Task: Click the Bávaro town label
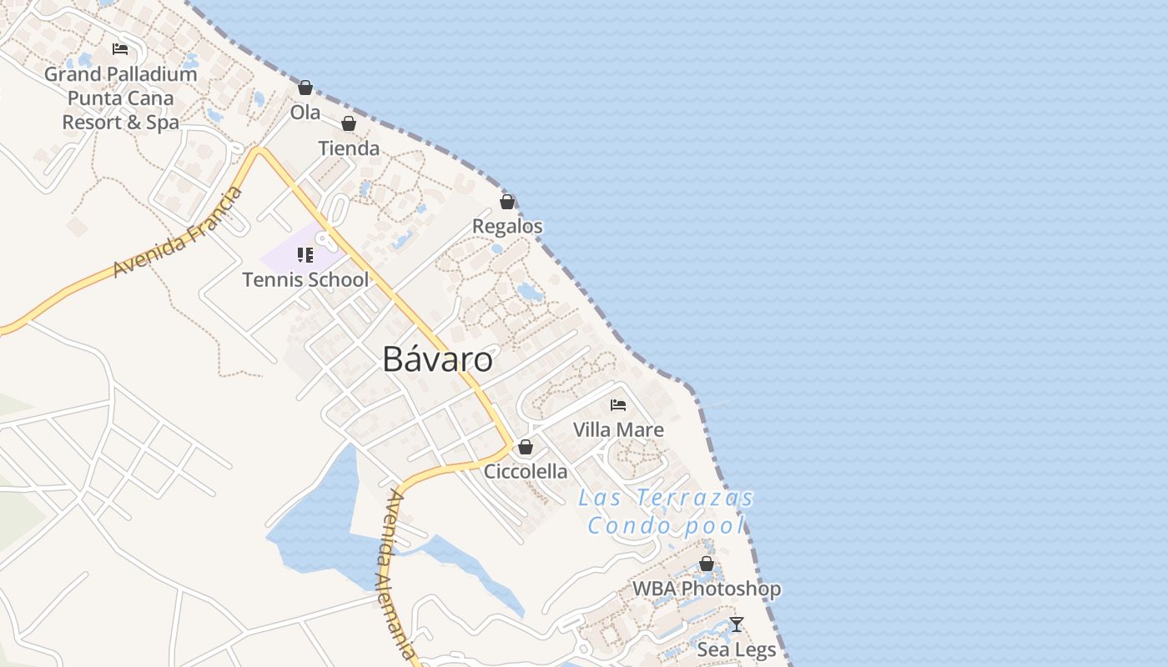pos(437,359)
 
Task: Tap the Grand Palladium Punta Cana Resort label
pos(121,98)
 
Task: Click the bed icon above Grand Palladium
pos(120,49)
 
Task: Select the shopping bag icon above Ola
pos(305,88)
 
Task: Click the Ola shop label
pos(305,112)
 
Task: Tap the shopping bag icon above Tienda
pos(349,124)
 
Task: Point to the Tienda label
pos(349,148)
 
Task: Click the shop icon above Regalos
pos(507,202)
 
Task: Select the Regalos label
pos(507,226)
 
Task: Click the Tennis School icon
pos(305,254)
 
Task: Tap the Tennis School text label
pos(305,279)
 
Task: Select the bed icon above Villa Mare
pos(618,405)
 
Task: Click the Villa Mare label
pos(618,430)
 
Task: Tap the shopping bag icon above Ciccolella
pos(526,447)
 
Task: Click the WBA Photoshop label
pos(707,589)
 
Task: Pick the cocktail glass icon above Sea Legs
pos(737,624)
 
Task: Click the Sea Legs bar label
pos(737,649)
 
